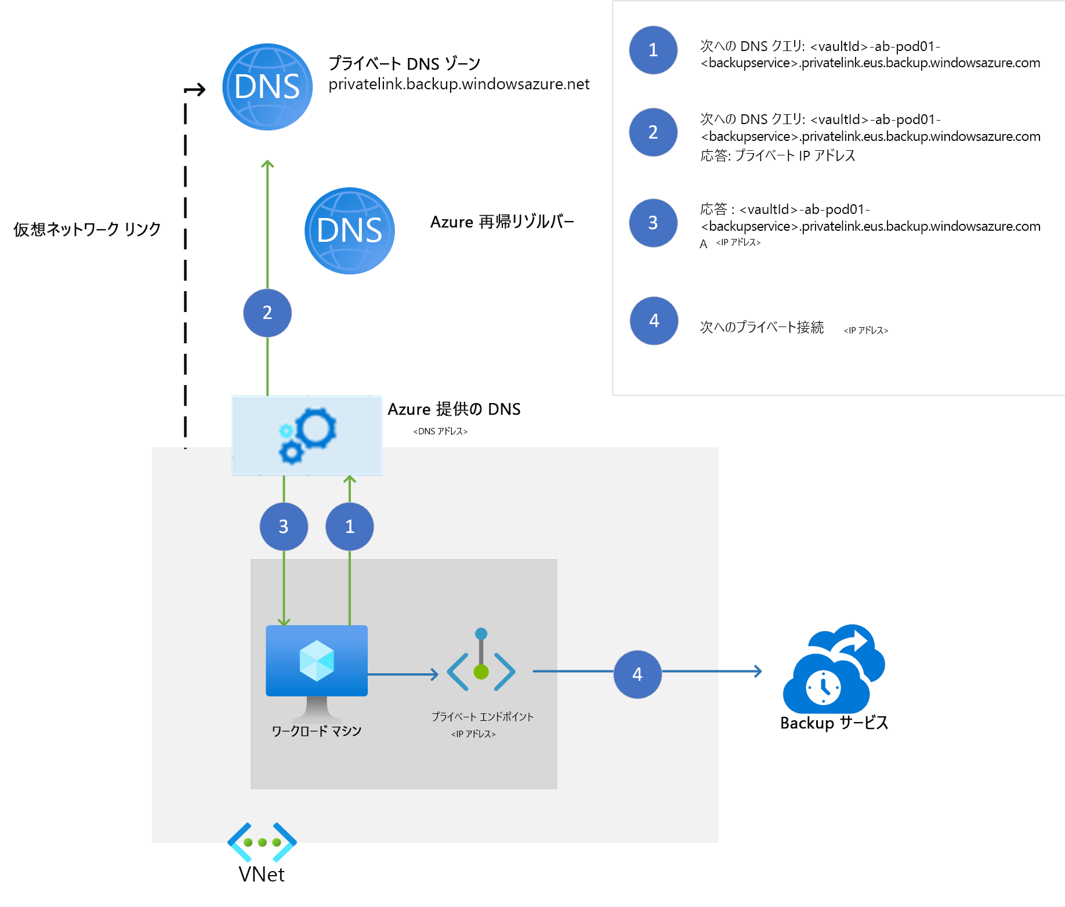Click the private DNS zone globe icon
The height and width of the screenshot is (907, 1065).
[267, 87]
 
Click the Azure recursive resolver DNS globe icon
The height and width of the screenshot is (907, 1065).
[350, 231]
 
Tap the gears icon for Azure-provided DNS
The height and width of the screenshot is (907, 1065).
[307, 436]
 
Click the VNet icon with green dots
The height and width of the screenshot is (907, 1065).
[262, 842]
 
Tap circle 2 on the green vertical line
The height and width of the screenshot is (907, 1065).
[267, 313]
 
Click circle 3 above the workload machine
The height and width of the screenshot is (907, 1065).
[284, 527]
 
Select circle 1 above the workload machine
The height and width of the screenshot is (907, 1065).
[350, 527]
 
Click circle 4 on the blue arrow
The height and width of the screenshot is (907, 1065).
[637, 674]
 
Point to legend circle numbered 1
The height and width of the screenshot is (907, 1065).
[653, 50]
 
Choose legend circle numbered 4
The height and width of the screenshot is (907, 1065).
[654, 321]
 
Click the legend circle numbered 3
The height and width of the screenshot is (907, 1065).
[653, 223]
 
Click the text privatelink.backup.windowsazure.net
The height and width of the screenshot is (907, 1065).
[459, 85]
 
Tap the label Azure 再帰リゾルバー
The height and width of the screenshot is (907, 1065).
[502, 222]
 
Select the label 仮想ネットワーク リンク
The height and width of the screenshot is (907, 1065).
[87, 230]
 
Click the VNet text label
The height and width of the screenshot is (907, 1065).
[262, 875]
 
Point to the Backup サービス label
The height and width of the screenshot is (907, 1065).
[834, 723]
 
